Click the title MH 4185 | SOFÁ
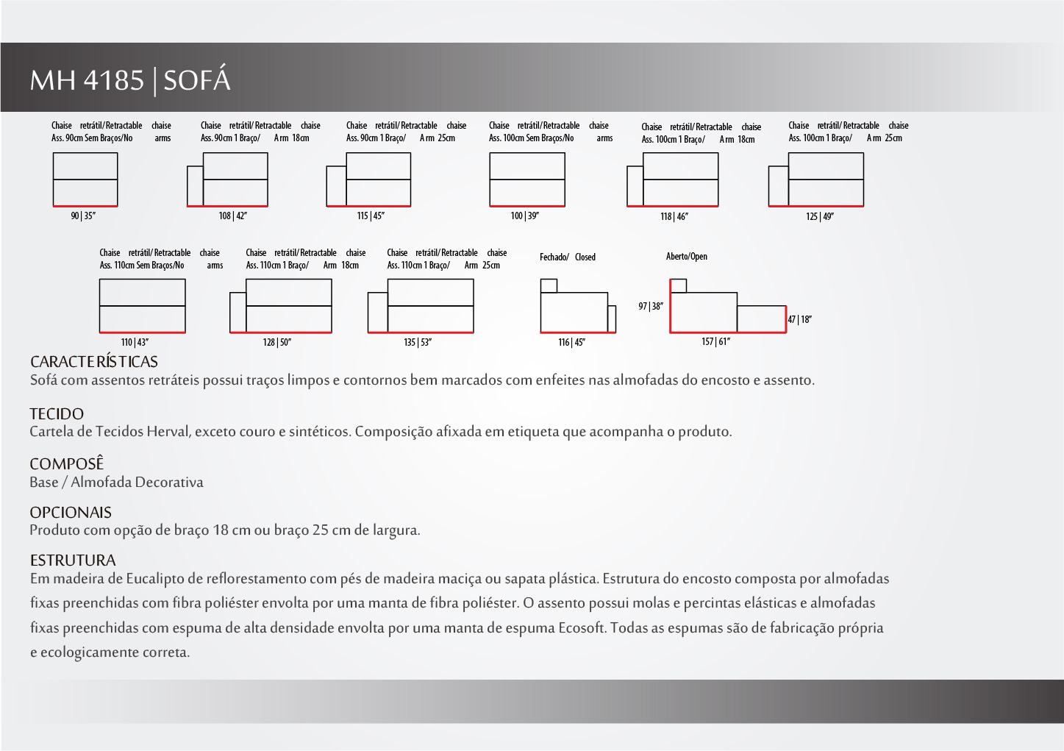click(130, 79)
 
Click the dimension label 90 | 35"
click(83, 216)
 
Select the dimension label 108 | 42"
click(232, 216)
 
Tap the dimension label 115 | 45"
click(371, 216)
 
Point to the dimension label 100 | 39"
click(524, 216)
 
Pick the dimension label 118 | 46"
click(674, 217)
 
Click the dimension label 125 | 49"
click(819, 217)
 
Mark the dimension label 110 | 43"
click(135, 343)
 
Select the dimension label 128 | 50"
click(277, 343)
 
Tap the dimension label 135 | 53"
click(418, 343)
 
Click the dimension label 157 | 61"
click(715, 342)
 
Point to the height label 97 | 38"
click(651, 307)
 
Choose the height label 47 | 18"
click(800, 320)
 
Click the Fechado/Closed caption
click(567, 257)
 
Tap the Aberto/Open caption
click(686, 257)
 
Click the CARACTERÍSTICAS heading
click(94, 362)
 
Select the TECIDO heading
click(57, 414)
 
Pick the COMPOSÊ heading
click(67, 464)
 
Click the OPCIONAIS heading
click(71, 513)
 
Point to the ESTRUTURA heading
click(73, 560)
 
